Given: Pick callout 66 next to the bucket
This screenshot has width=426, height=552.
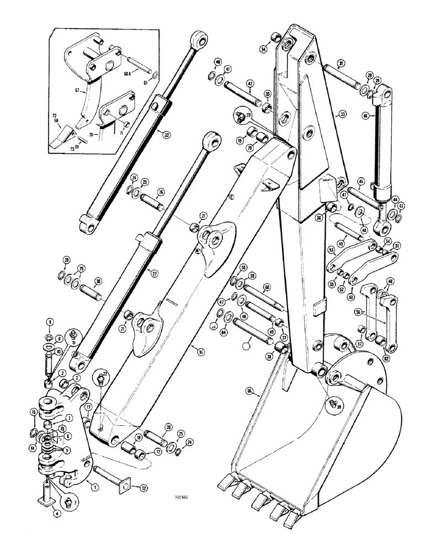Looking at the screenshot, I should click(x=249, y=392).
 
